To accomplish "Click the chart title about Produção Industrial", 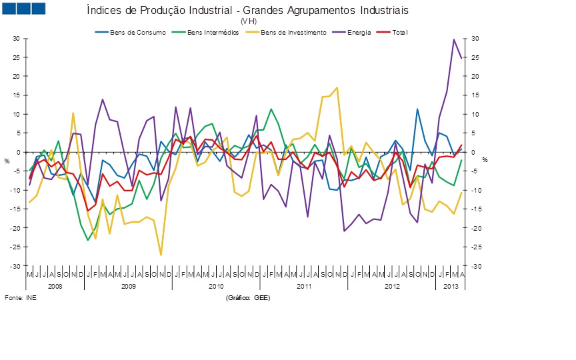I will pos(248,11).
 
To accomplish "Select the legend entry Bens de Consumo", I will pos(131,31).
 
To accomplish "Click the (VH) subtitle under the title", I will pos(248,21).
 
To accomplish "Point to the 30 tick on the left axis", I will pos(17,39).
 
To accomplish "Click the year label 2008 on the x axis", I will pos(55,286).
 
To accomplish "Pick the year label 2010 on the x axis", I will pos(216,286).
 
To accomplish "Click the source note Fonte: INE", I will pos(21,297).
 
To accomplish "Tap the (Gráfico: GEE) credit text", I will pos(247,297).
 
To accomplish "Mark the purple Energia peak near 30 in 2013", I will pos(454,39).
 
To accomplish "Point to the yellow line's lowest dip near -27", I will pos(161,255).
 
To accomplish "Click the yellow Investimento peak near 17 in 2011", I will pos(337,88).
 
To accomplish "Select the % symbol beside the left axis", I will pos(7,161).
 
